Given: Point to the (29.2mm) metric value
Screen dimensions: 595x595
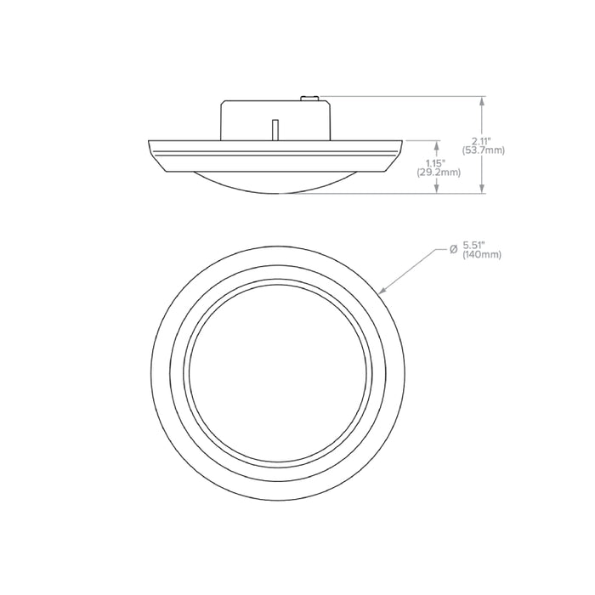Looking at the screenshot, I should (439, 172).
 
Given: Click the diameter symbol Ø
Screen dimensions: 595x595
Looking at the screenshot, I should (454, 248).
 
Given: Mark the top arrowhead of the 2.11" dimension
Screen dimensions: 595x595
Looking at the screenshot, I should (483, 100).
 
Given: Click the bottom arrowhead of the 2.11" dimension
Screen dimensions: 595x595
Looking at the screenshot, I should (483, 190).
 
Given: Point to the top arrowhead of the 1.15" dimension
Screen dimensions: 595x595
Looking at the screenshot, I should (439, 144).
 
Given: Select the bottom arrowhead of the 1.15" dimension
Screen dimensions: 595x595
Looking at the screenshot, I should (439, 190).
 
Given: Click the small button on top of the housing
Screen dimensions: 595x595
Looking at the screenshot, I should (311, 99).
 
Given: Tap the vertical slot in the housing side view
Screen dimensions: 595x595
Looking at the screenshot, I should (275, 127).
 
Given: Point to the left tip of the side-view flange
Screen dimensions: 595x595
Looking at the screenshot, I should (150, 141).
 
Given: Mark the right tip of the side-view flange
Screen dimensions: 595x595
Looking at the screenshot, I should (402, 141).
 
